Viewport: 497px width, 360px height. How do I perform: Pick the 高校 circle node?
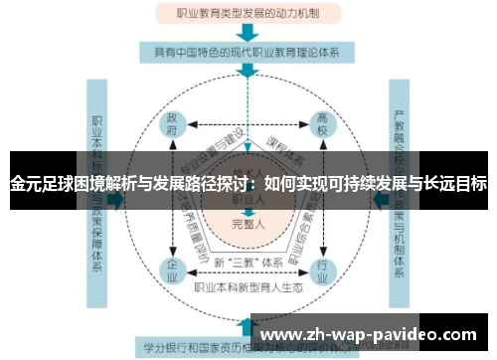point(322,125)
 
